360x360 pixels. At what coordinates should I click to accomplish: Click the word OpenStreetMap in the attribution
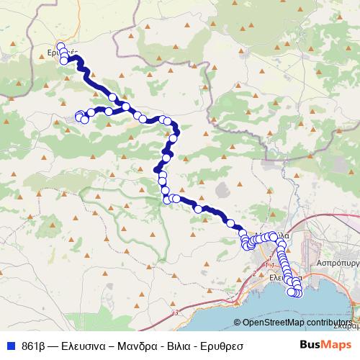(x=277, y=323)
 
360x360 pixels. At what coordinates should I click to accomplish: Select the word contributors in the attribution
(x=333, y=323)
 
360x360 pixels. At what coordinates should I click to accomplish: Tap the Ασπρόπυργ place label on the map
(x=336, y=264)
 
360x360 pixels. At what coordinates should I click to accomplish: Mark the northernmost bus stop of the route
(x=60, y=48)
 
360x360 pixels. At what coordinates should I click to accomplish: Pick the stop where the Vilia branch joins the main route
(x=126, y=107)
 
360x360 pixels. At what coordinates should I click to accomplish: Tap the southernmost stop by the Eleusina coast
(x=295, y=292)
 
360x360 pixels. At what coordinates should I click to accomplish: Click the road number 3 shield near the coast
(x=176, y=312)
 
